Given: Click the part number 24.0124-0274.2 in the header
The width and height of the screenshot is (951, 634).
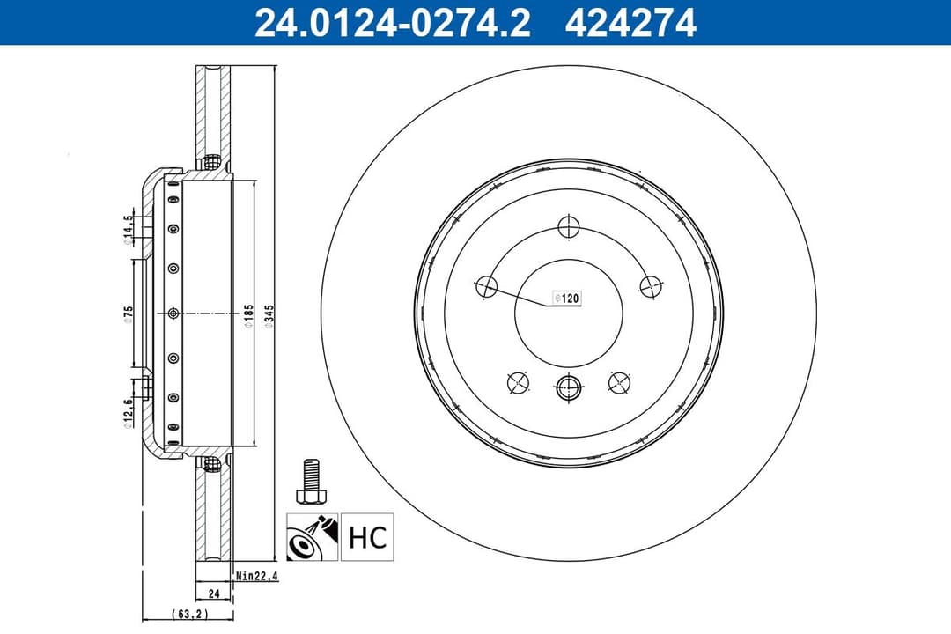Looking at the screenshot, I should click(393, 23).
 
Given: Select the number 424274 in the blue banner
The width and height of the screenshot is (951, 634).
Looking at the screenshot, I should click(631, 23).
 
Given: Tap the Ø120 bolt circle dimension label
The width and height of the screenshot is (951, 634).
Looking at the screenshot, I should click(566, 299).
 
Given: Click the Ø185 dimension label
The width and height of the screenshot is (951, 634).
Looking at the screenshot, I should click(249, 316).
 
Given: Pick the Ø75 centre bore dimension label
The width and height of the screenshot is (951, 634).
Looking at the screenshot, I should click(129, 314).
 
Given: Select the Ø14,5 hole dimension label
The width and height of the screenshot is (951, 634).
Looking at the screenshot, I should click(129, 226).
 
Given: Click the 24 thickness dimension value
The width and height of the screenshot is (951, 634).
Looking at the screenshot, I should click(213, 593).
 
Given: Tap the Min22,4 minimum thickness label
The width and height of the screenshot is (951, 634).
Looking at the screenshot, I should click(257, 577).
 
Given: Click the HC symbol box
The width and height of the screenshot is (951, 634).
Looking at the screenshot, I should click(367, 537).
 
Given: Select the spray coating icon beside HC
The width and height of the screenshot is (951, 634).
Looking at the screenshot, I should click(312, 537).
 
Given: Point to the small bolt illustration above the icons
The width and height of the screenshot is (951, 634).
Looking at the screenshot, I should click(308, 481).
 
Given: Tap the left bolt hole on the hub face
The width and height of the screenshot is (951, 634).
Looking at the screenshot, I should click(487, 286).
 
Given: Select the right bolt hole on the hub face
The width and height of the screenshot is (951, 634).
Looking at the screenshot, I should click(651, 285).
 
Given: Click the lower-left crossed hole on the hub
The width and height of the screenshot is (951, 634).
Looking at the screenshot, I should click(519, 382).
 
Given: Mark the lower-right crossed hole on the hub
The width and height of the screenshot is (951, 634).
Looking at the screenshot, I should click(620, 381).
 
